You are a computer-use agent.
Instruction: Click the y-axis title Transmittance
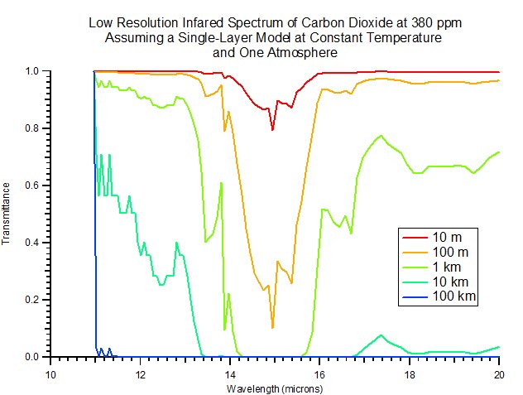pyautogui.click(x=7, y=214)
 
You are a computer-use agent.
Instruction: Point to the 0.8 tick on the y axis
pyautogui.click(x=34, y=128)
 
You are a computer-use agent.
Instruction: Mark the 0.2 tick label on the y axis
pyautogui.click(x=34, y=300)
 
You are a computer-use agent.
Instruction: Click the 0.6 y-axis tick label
pyautogui.click(x=34, y=185)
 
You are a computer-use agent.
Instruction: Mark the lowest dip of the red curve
pyautogui.click(x=272, y=130)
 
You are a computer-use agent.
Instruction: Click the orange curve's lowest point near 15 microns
pyautogui.click(x=272, y=328)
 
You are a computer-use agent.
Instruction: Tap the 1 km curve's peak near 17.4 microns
pyautogui.click(x=381, y=136)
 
